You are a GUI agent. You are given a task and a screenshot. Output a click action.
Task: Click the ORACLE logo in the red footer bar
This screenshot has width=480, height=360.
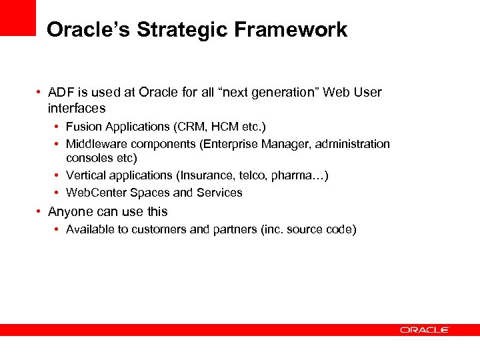(x=425, y=329)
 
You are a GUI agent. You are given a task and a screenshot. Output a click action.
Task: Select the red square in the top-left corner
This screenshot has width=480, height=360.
(x=17, y=17)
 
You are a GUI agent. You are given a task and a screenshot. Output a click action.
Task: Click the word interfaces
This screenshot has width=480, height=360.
(x=77, y=108)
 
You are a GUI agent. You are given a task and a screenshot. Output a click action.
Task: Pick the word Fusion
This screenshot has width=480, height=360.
(x=84, y=127)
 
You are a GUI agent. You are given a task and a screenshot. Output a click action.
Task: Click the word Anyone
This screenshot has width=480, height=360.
(x=69, y=212)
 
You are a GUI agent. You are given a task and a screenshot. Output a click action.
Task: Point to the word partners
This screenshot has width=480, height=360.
(x=233, y=230)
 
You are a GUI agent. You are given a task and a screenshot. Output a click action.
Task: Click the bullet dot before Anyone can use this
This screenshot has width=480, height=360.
(x=41, y=212)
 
